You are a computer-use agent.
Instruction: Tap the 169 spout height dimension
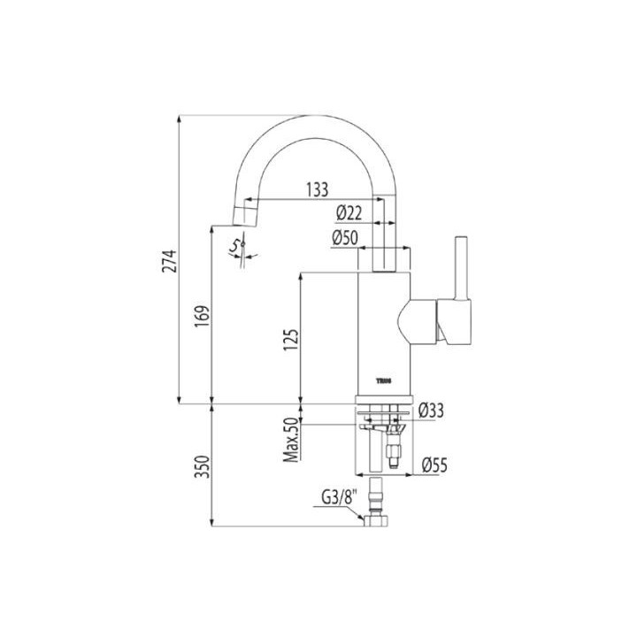(202, 315)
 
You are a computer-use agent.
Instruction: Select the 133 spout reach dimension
(316, 188)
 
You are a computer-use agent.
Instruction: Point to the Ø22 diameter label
(350, 212)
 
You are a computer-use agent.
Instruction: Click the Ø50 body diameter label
(343, 238)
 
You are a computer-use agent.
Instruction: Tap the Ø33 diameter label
(430, 410)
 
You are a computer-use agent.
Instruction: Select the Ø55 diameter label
(433, 463)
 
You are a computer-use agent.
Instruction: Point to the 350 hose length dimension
(202, 466)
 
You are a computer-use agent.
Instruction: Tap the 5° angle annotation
(236, 246)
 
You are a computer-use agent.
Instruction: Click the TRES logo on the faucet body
(385, 380)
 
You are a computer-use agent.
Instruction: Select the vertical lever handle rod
(460, 270)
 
